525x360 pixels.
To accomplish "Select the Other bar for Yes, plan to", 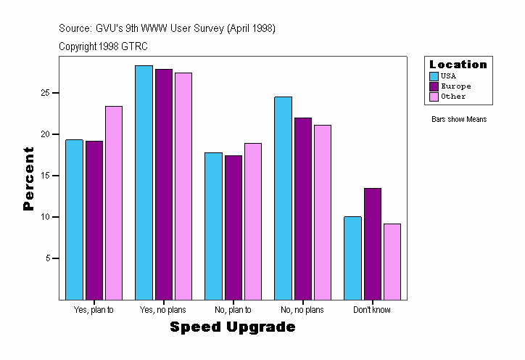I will click(114, 202).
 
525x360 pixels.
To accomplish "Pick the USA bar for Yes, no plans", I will click(144, 182).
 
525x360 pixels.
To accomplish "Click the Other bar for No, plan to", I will click(253, 221).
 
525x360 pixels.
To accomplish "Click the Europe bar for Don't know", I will click(373, 244).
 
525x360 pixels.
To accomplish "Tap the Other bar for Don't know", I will click(392, 261).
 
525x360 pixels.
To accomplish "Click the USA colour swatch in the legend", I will click(434, 76).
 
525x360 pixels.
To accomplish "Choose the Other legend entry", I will click(453, 97).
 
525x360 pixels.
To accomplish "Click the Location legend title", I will click(458, 65).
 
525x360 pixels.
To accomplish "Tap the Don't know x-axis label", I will click(372, 310).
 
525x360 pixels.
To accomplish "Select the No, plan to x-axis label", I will click(233, 310).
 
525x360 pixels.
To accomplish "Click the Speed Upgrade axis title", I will click(233, 327).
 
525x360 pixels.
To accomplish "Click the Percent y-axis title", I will click(28, 179).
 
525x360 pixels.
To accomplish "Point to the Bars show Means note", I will click(459, 119).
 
